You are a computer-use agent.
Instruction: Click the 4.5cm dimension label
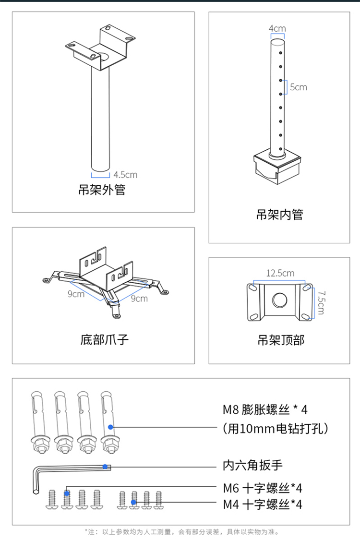tap(125, 175)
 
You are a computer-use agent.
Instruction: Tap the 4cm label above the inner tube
tap(277, 28)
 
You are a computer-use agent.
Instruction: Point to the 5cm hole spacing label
tap(299, 87)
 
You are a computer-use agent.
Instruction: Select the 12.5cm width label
tap(280, 273)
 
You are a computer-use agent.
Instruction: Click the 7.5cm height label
tap(321, 303)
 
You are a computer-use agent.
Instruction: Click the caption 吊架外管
tap(102, 190)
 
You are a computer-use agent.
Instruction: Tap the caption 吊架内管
tap(280, 214)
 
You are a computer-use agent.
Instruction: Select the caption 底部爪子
tap(104, 339)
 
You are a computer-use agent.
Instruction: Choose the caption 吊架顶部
tap(281, 340)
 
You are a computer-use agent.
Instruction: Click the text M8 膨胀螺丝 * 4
tap(265, 409)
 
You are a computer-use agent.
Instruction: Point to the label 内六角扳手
tap(252, 465)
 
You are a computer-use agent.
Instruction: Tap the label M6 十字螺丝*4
tap(263, 488)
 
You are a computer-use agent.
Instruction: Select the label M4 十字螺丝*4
tap(263, 504)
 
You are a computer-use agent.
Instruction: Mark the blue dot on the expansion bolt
tap(110, 427)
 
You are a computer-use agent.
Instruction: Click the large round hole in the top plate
tap(279, 300)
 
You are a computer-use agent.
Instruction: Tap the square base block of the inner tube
tap(277, 168)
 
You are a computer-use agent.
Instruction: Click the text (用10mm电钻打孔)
tap(275, 429)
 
